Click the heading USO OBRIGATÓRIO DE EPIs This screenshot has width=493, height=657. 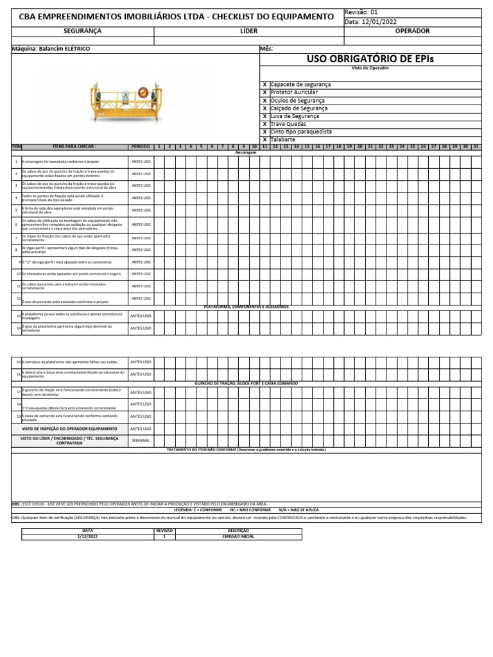tap(370, 59)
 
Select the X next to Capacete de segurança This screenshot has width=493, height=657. tap(264, 84)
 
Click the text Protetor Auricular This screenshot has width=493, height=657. tap(294, 92)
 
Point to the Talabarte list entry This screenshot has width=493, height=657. tap(284, 139)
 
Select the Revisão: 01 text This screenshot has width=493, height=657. tap(362, 12)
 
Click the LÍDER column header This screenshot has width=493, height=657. tap(249, 31)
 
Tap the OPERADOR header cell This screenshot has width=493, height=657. tap(412, 31)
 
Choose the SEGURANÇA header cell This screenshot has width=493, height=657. tap(83, 31)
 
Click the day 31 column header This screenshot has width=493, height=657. tap(476, 147)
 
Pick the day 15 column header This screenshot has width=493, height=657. tap(307, 147)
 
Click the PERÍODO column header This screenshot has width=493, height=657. tap(141, 147)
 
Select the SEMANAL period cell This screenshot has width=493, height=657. tap(141, 441)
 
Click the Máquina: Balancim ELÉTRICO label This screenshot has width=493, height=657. tap(51, 49)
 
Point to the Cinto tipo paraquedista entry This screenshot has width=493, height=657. tap(301, 132)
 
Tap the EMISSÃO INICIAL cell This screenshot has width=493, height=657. tap(238, 536)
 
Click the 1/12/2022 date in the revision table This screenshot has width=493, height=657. tap(88, 536)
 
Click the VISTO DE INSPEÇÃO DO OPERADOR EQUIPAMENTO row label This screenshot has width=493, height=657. tap(70, 429)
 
